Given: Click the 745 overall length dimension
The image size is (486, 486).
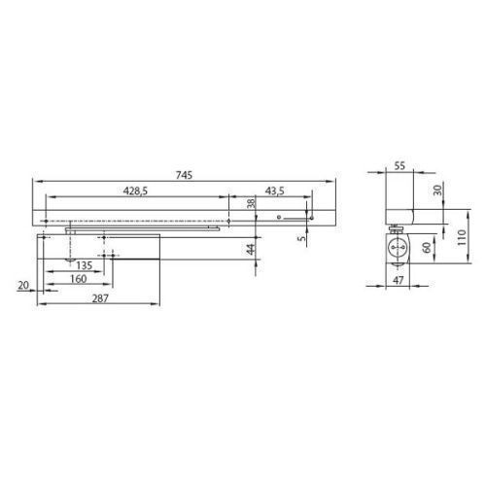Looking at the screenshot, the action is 184,175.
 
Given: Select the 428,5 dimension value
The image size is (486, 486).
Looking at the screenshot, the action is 135,191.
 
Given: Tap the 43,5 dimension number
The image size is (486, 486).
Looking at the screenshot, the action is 275,191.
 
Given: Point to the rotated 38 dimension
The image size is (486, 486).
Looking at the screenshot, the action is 251,203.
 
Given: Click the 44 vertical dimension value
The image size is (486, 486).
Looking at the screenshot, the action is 251,249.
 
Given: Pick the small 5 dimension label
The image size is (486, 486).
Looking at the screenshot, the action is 302,238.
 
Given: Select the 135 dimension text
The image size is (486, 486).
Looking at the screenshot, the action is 85,265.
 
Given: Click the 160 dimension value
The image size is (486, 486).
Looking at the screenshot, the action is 79,279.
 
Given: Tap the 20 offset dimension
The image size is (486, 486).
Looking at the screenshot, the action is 23,286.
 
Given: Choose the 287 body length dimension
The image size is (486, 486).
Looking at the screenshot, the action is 100,298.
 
